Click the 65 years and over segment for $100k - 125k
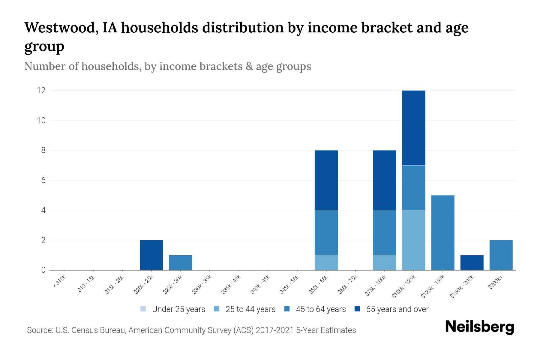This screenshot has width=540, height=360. click(413, 128)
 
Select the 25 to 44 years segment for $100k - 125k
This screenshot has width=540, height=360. click(413, 240)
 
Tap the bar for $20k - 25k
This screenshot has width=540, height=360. click(151, 255)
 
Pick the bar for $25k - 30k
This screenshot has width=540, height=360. click(180, 262)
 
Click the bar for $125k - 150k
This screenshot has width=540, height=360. click(442, 232)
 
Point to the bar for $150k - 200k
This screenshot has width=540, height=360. click(472, 262)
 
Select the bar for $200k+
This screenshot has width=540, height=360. click(501, 255)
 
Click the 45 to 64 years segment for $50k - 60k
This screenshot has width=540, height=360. click(326, 232)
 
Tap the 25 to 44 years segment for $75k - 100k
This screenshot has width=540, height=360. click(384, 262)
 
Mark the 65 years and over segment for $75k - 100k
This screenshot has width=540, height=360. click(384, 180)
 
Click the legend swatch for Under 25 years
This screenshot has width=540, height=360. click(143, 309)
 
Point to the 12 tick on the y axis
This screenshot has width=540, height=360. click(41, 90)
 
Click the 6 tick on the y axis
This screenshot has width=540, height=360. click(43, 180)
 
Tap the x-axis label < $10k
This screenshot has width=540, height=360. click(59, 283)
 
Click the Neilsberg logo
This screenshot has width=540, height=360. click(479, 327)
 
